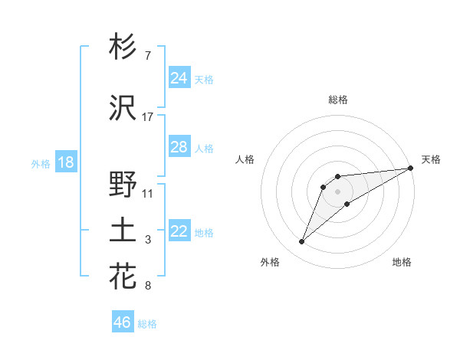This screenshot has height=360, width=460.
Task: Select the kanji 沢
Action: (x=123, y=109)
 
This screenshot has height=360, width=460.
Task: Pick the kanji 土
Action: (x=123, y=231)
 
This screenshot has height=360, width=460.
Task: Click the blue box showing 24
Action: (x=179, y=77)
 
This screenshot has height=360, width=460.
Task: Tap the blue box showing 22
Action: (x=179, y=231)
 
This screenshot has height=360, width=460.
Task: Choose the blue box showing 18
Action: (x=65, y=162)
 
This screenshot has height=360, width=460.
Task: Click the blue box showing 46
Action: (x=122, y=322)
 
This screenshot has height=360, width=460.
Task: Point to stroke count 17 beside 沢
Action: (x=148, y=117)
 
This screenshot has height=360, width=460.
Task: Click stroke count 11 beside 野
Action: (x=148, y=193)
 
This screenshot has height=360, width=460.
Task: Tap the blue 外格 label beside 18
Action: (x=40, y=163)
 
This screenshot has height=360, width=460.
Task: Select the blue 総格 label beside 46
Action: (x=147, y=324)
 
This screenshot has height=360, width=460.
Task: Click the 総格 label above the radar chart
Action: (x=337, y=100)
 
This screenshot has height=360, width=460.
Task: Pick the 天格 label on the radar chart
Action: (x=431, y=159)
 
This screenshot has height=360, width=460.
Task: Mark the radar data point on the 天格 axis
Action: (x=411, y=168)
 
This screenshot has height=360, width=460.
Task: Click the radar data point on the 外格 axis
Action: (x=301, y=242)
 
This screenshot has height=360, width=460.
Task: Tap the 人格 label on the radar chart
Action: (x=245, y=159)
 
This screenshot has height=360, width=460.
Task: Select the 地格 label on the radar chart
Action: (x=402, y=262)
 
